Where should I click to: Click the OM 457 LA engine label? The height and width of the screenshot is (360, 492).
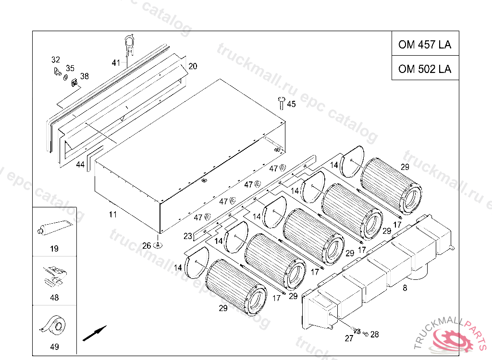click(x=425, y=45)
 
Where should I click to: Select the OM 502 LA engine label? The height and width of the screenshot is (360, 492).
click(x=425, y=69)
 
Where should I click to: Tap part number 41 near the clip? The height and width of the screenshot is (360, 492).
click(x=116, y=63)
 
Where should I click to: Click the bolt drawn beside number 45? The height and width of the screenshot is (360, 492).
click(x=281, y=103)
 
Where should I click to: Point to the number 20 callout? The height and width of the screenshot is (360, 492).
click(x=193, y=66)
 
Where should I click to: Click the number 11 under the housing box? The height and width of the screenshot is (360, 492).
click(x=112, y=215)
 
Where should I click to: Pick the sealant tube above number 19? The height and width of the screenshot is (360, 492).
click(x=55, y=228)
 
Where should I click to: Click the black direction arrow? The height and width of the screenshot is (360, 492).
click(x=95, y=333)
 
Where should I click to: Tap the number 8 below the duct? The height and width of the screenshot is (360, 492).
click(x=405, y=288)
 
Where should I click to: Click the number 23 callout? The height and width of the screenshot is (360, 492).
click(x=188, y=236)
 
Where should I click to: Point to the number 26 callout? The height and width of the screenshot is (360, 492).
click(x=147, y=246)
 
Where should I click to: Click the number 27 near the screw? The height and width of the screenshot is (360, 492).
click(x=349, y=338)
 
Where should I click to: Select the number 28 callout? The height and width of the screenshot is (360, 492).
click(x=375, y=334)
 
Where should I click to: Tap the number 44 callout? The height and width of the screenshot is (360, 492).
click(x=80, y=164)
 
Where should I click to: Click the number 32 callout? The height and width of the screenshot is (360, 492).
click(x=56, y=60)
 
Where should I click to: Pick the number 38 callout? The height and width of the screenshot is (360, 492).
click(x=85, y=76)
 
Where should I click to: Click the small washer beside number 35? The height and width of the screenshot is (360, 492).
click(x=65, y=77)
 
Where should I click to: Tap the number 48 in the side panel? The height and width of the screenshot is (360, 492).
click(x=54, y=297)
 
